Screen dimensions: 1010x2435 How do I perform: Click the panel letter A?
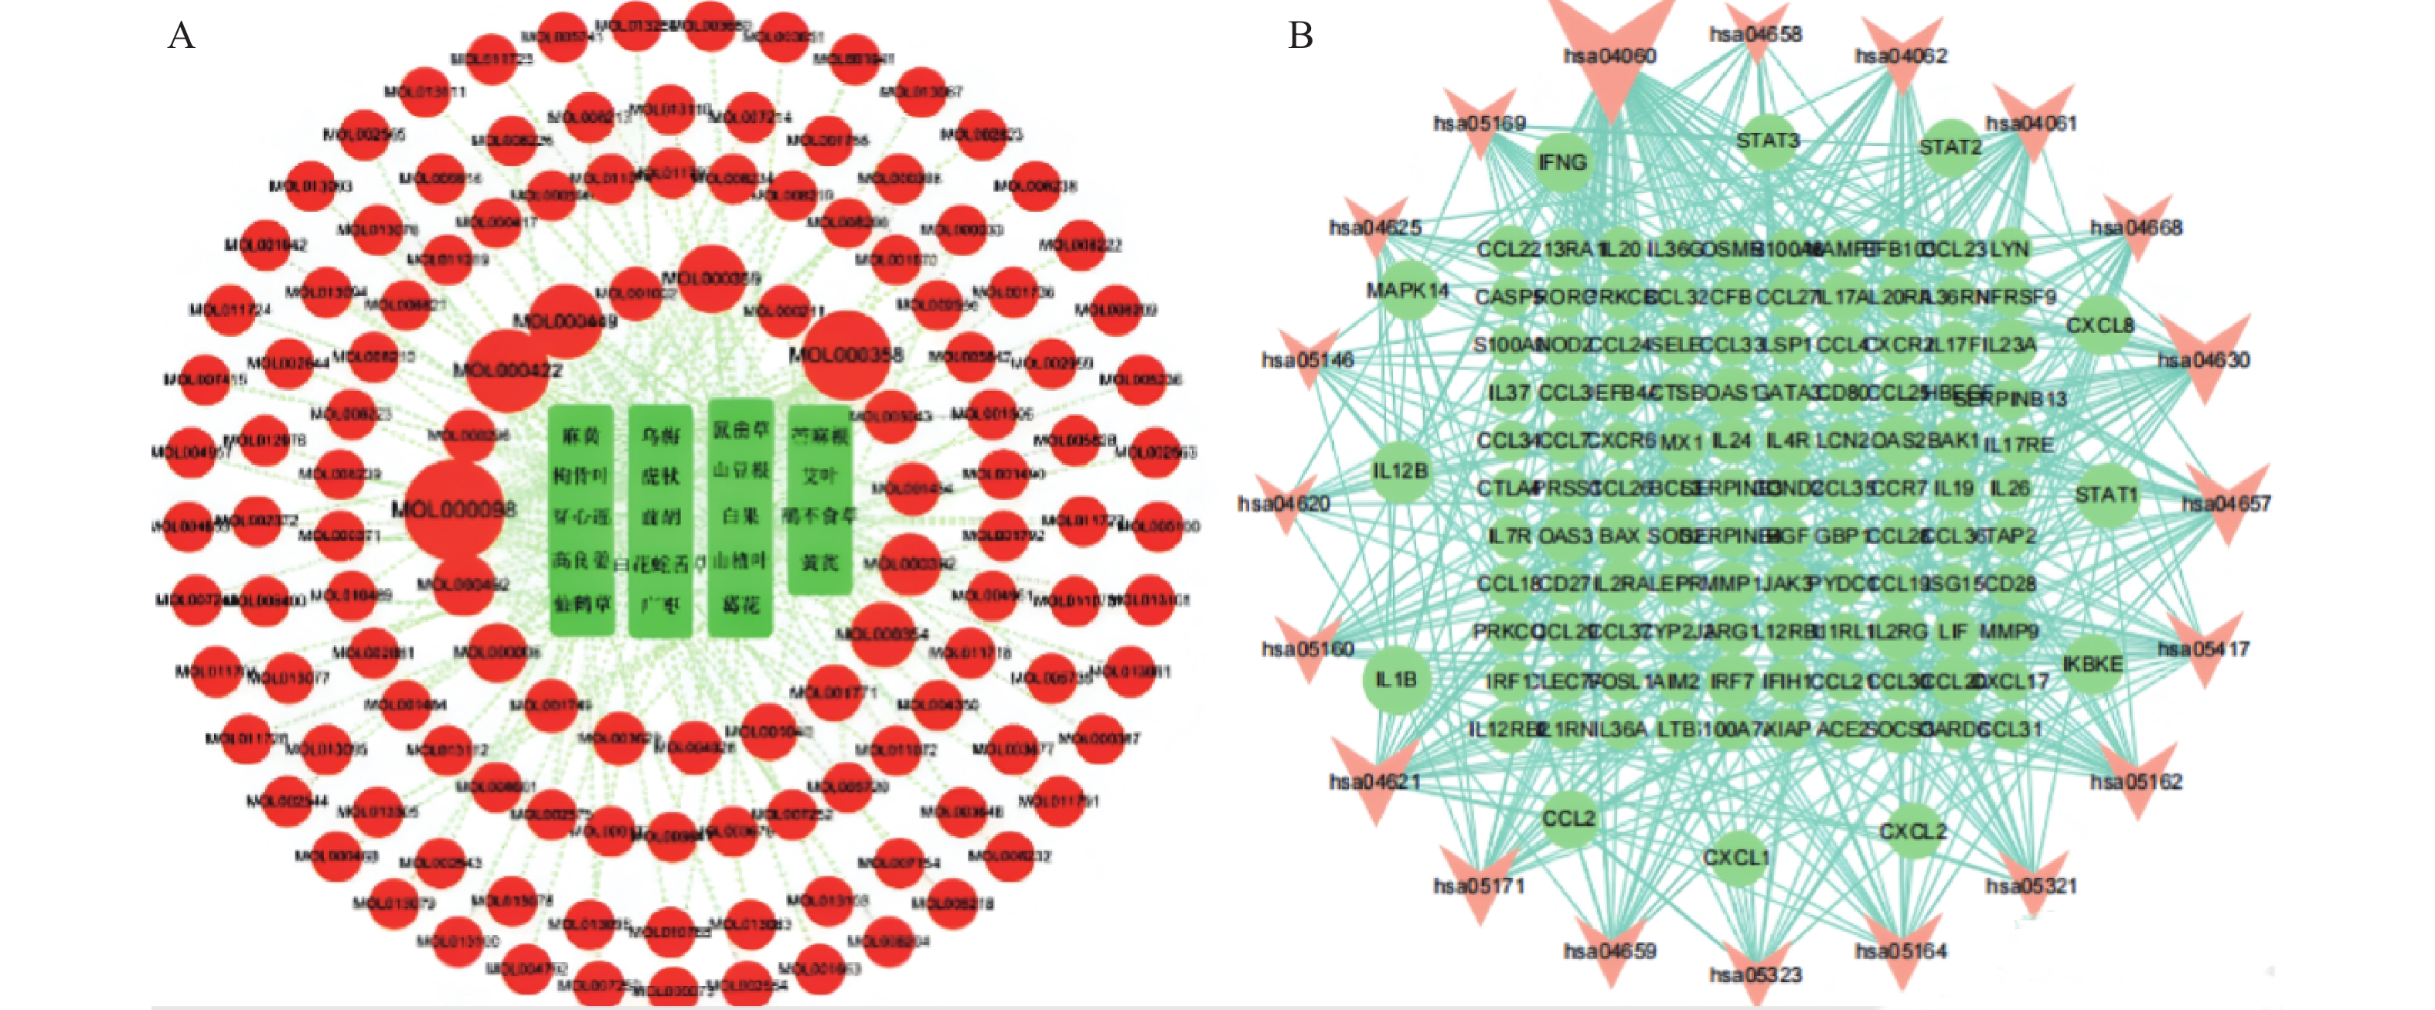coord(181,36)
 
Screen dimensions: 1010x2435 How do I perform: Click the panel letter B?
coord(1301,36)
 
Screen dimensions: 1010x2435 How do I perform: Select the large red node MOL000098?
coord(455,510)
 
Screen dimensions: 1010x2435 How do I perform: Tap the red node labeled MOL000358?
coord(845,354)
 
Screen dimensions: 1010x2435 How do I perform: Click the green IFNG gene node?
coord(1561,162)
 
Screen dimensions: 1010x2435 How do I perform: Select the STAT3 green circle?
coord(1766,141)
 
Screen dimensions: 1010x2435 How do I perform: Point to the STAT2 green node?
coord(1950,148)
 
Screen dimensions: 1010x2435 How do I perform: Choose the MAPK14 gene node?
coord(1408,290)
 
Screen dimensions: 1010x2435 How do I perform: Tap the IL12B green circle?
coord(1400,471)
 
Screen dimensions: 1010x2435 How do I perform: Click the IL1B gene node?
coord(1395,679)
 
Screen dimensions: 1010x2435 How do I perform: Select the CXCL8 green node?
coord(2100,326)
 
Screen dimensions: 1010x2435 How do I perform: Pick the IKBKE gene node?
coord(2092,665)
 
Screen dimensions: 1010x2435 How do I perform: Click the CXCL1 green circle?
coord(1735,858)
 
